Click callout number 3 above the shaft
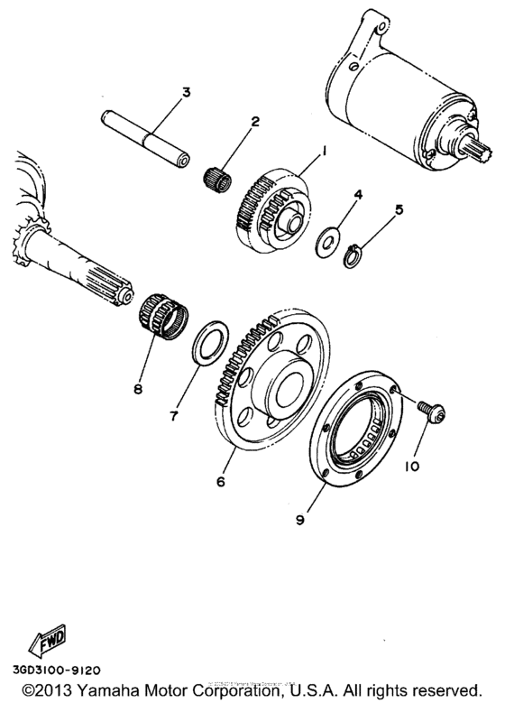point(186,92)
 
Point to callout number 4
point(358,195)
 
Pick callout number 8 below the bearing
point(138,390)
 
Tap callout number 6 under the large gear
point(219,482)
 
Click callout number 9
point(300,519)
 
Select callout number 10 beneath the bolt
point(413,467)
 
